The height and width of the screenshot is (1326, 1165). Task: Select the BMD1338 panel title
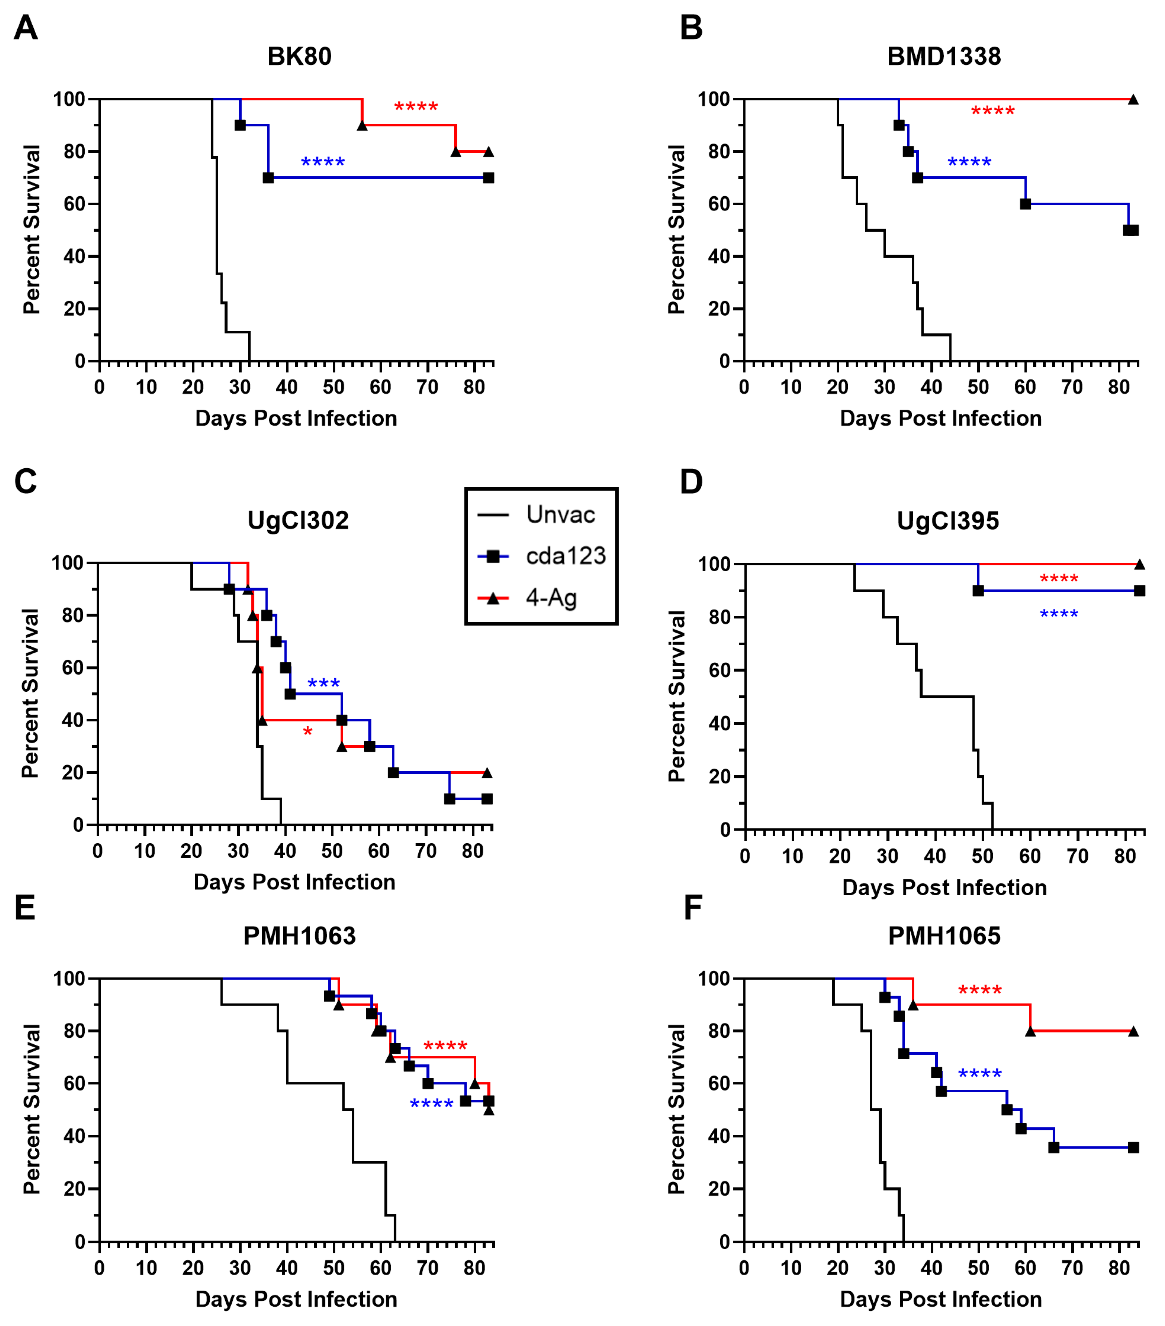(944, 57)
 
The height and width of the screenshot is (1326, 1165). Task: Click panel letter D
(691, 482)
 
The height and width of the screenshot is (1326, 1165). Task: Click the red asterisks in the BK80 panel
(416, 107)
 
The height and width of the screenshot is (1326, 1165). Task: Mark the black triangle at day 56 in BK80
(362, 125)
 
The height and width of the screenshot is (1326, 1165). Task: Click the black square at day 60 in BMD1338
(1025, 204)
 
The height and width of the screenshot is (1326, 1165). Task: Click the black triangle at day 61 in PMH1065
(1030, 1031)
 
